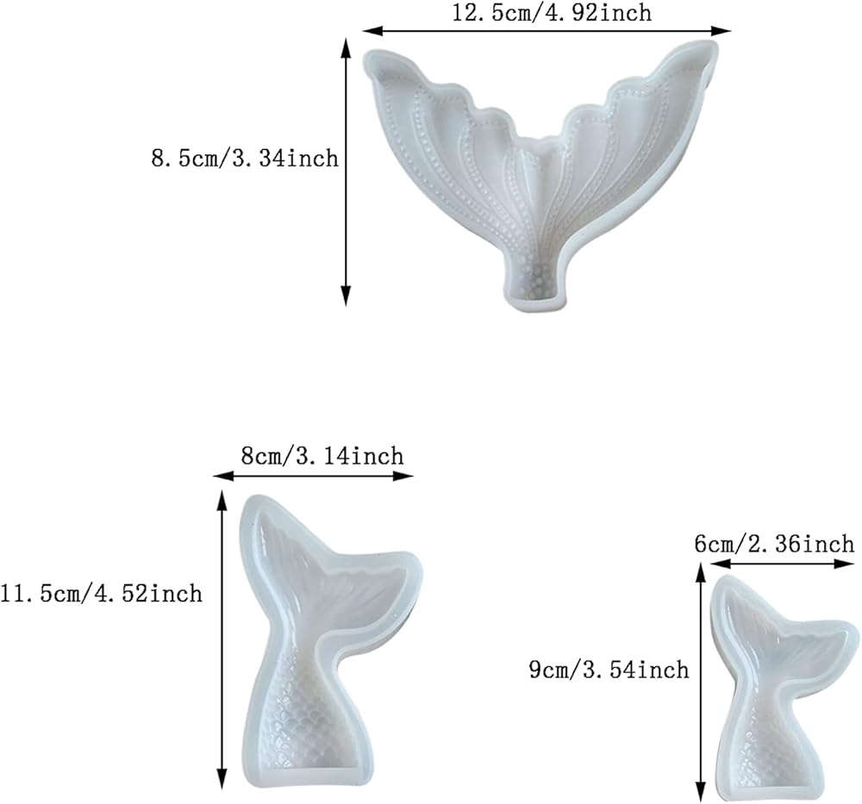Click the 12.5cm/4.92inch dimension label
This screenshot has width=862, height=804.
point(552,13)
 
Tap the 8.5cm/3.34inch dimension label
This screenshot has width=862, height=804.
point(245,159)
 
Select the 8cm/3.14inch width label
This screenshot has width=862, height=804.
point(322,456)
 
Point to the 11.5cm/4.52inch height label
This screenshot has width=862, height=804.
point(101,594)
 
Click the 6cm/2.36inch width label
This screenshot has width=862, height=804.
point(775,544)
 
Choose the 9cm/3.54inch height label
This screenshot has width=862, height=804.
point(609,670)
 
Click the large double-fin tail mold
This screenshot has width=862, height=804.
point(540,176)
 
